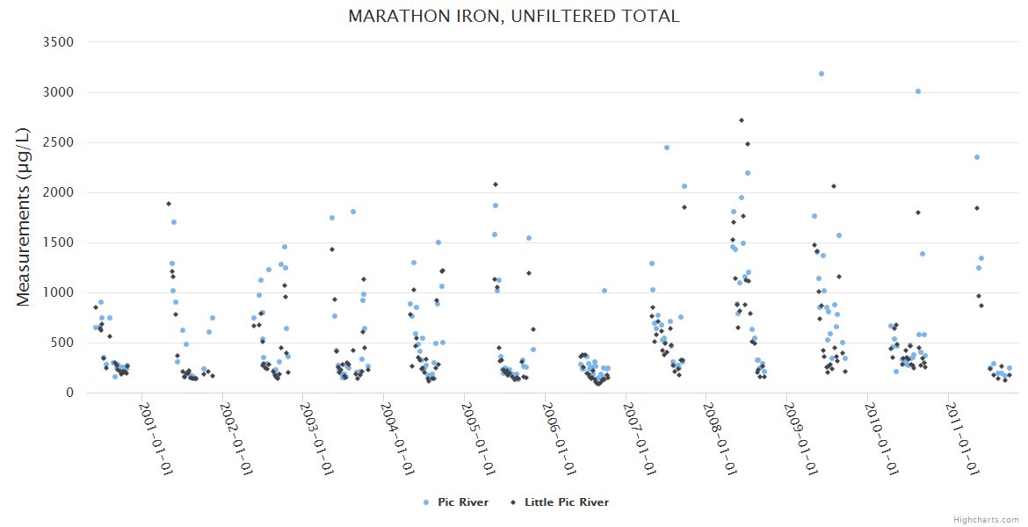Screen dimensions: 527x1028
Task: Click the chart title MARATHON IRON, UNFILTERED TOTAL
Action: pos(514,16)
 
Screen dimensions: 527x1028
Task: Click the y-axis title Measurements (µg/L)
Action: pos(25,217)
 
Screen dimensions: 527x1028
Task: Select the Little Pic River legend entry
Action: pos(567,502)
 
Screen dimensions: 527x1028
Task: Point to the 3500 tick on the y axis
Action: pos(58,42)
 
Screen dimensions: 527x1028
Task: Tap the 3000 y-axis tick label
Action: pos(58,92)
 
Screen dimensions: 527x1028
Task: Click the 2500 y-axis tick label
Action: pos(58,142)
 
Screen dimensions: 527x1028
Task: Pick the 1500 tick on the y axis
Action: pos(58,242)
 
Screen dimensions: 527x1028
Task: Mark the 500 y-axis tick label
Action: pos(62,343)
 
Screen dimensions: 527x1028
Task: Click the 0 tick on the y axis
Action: pos(69,393)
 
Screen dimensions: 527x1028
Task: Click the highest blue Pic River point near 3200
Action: pos(822,74)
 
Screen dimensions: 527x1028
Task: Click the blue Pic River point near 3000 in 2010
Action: pos(918,91)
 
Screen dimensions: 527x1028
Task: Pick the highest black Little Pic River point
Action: pos(742,120)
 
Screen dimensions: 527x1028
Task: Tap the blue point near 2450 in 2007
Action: pos(667,148)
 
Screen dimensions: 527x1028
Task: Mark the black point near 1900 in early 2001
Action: pos(169,204)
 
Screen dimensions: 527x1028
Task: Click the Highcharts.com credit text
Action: pos(986,519)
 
